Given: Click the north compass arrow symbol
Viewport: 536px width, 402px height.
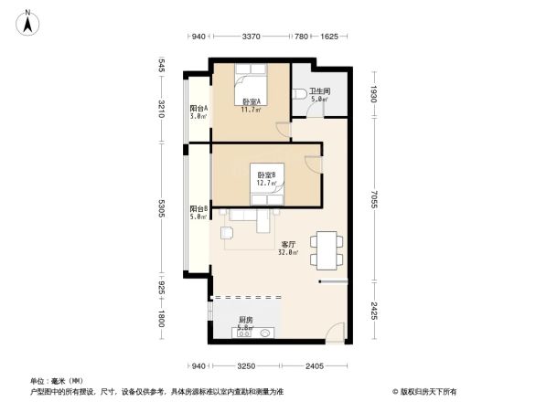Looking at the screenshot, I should [29, 21].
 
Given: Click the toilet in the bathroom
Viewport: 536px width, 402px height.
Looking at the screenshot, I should [301, 94].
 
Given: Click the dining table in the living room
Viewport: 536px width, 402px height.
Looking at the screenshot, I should [327, 249].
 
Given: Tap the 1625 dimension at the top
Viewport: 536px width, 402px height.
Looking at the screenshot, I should [329, 37].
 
